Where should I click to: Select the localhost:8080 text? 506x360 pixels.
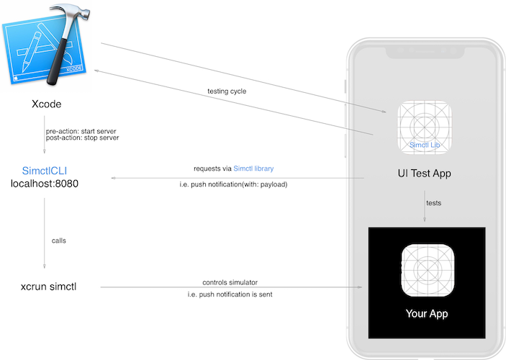(x=45, y=184)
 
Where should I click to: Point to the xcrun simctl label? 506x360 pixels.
(x=49, y=287)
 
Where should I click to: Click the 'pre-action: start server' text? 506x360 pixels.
(x=82, y=130)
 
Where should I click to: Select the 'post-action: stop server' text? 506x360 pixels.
(x=82, y=138)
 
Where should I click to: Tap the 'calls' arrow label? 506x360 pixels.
(x=60, y=240)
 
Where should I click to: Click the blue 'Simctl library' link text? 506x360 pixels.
(x=253, y=168)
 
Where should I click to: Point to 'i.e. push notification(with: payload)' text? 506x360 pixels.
(x=233, y=185)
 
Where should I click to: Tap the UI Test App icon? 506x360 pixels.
(x=426, y=127)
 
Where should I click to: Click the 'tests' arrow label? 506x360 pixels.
(x=433, y=203)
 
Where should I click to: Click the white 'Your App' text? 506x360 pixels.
(x=426, y=314)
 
